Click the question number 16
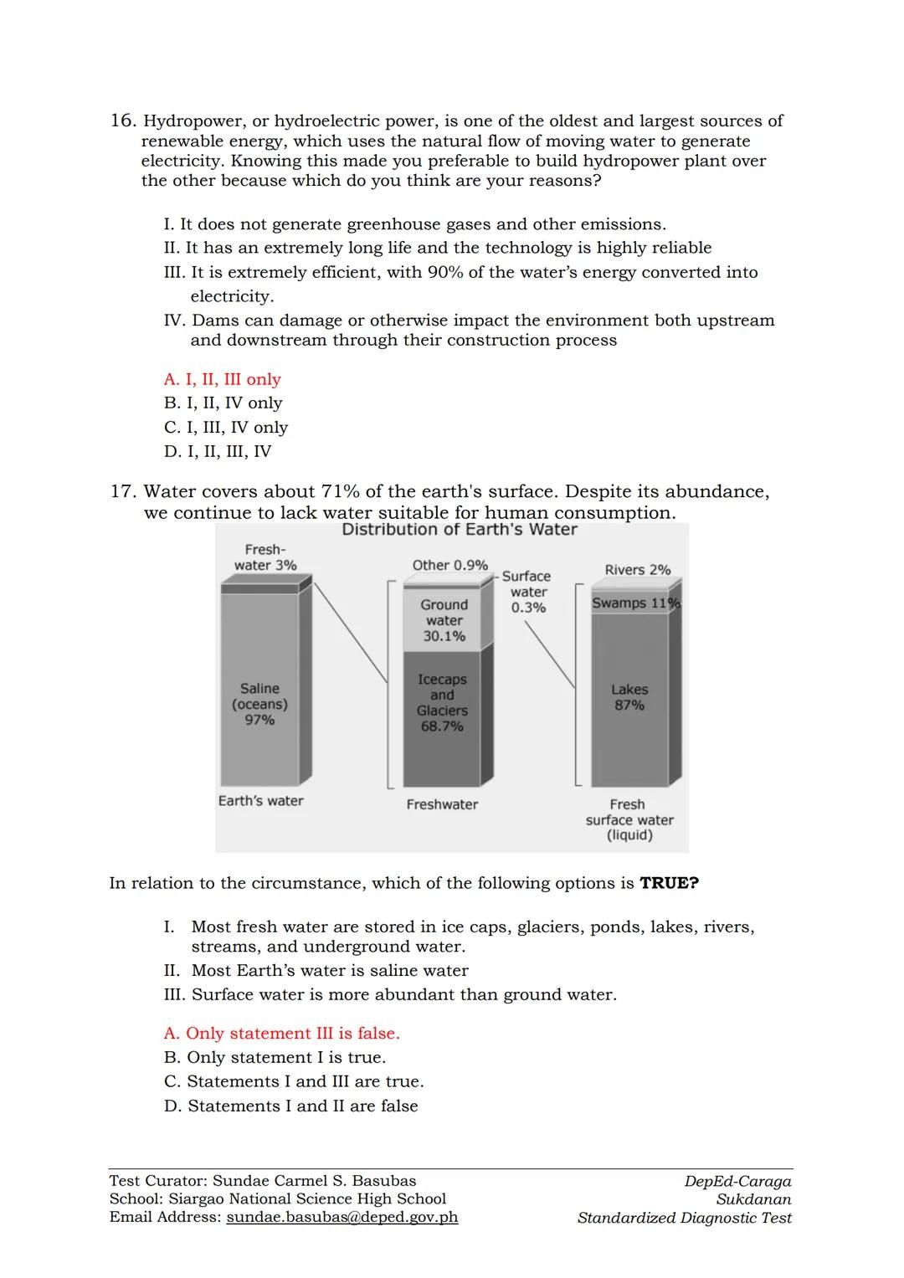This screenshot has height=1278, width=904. [x=122, y=121]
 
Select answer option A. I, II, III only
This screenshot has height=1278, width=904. [x=222, y=379]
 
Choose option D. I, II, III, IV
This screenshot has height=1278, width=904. [x=217, y=451]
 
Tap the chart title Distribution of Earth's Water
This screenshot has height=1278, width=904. [x=459, y=530]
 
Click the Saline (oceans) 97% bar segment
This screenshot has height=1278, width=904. [x=259, y=703]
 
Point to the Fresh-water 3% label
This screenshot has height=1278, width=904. [x=265, y=557]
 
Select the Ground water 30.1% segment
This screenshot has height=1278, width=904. [x=444, y=620]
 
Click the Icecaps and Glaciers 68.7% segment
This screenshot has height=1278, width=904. [x=442, y=702]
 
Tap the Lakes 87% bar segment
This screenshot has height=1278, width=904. [x=629, y=697]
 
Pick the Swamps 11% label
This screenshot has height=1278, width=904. [x=634, y=603]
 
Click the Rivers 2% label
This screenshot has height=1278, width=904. [x=637, y=570]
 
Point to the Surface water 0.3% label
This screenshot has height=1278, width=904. [x=527, y=592]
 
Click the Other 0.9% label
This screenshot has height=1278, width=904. [x=449, y=565]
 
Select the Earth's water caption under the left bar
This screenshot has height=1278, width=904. [x=260, y=801]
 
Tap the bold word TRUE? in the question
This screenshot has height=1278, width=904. [x=669, y=883]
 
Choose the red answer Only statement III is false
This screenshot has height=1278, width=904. [x=281, y=1034]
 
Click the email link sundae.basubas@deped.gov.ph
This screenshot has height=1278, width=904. [x=342, y=1217]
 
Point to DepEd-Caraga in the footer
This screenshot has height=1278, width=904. [x=737, y=1181]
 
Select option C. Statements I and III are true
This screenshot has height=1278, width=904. [x=294, y=1081]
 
